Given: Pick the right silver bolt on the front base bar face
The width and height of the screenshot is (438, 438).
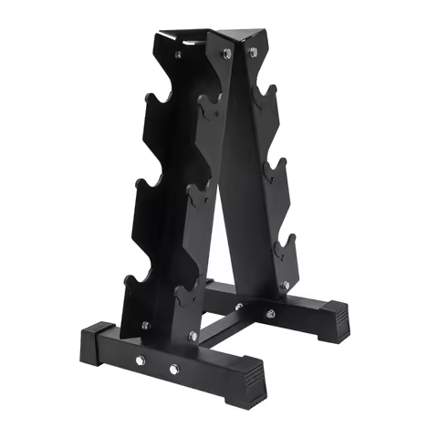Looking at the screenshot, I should [173, 370].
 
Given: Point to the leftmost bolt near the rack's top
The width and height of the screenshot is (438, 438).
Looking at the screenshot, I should [177, 55].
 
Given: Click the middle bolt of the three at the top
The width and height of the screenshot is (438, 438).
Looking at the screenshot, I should [224, 55].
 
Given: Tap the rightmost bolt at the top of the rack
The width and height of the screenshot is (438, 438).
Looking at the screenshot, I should [253, 52].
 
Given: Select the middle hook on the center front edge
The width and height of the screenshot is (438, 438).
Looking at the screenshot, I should [199, 196].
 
